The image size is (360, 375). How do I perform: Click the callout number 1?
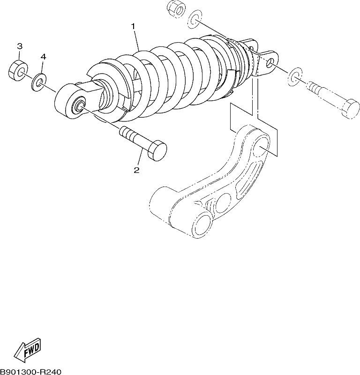pos(133,26)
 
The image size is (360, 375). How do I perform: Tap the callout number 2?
pos(136,170)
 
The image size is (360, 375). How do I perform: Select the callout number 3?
pos(20,46)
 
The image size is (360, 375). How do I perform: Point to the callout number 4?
pos(43,57)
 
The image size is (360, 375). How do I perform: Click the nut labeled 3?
pos(18,70)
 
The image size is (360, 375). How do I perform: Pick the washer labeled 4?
pos(39,82)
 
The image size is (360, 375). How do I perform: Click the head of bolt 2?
pos(157,150)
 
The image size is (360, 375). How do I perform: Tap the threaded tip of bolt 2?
pos(125,132)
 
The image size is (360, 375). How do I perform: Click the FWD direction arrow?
pos(27,348)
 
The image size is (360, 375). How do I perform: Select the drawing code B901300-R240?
pos(31,372)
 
